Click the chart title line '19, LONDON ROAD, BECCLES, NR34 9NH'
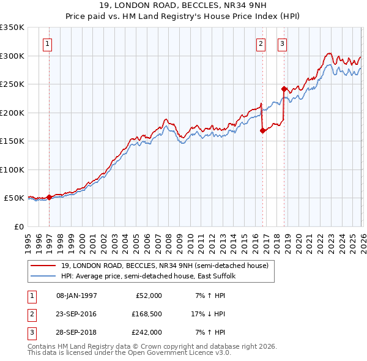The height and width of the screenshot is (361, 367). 183,6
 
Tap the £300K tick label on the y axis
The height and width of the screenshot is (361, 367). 12,56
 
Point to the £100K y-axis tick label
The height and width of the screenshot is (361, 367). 12,169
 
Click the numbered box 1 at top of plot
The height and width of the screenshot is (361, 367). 48,43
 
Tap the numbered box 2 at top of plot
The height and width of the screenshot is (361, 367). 261,43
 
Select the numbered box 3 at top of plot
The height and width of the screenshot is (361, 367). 282,43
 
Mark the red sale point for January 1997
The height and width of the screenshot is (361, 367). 50,197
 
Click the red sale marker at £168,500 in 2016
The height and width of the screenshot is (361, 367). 262,130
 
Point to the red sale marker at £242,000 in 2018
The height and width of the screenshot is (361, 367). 284,89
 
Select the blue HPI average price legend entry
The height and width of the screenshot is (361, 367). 147,277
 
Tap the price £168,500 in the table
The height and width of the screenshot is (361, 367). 147,314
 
